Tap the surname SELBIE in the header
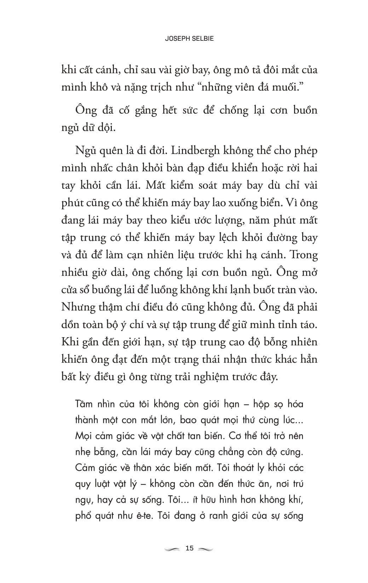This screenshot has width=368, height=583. (x=202, y=39)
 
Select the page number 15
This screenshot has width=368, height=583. (x=189, y=548)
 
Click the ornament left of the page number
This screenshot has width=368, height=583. (x=172, y=549)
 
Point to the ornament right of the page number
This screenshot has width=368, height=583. (x=206, y=549)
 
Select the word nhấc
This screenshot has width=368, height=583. (x=100, y=168)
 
